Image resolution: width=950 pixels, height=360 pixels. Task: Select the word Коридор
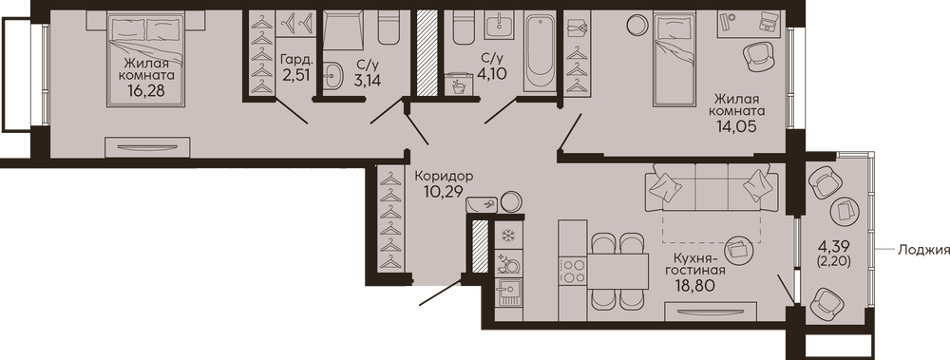pyautogui.click(x=444, y=177)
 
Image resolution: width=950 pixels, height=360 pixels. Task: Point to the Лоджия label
pyautogui.click(x=923, y=249)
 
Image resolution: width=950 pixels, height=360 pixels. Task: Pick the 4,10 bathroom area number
pyautogui.click(x=491, y=73)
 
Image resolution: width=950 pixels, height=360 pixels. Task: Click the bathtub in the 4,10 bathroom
pyautogui.click(x=540, y=53)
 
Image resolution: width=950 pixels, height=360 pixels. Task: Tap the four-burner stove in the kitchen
pyautogui.click(x=572, y=271)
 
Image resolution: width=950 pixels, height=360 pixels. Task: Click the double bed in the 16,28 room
pyautogui.click(x=145, y=60)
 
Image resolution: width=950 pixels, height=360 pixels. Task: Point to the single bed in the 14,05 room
pyautogui.click(x=674, y=60)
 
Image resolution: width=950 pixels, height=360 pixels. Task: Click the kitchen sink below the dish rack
pyautogui.click(x=508, y=294)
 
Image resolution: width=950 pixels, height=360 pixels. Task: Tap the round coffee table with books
pyautogui.click(x=742, y=249)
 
